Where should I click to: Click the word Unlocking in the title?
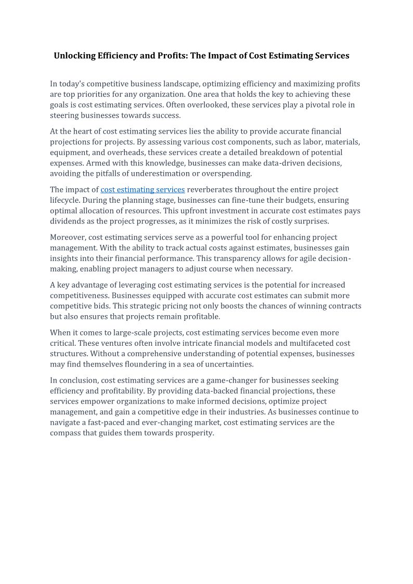pyautogui.click(x=74, y=56)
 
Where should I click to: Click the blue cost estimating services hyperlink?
pyautogui.click(x=143, y=190)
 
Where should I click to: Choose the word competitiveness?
pyautogui.click(x=80, y=296)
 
